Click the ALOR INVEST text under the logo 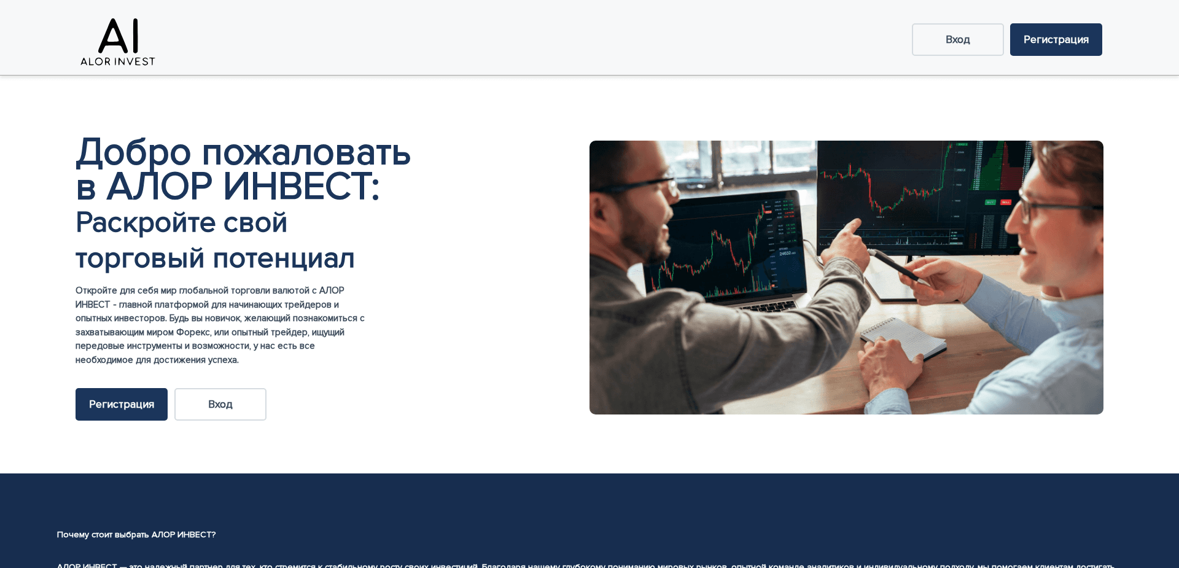(x=118, y=61)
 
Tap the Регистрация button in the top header (x=1056, y=40)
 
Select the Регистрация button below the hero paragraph (x=122, y=404)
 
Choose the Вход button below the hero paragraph (x=220, y=404)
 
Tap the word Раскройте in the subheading (x=145, y=222)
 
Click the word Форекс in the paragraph (x=193, y=332)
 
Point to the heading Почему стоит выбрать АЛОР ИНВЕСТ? (x=136, y=535)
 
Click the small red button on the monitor (x=1005, y=202)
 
